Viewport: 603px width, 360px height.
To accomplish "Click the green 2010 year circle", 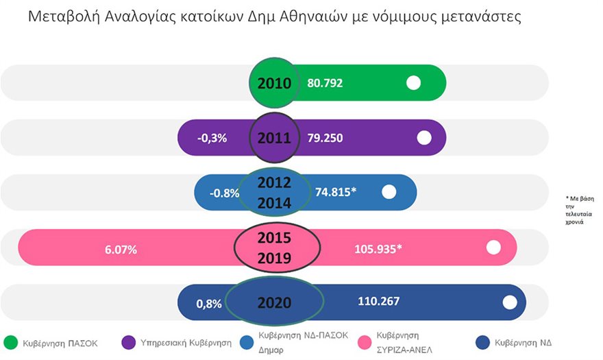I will [274, 83].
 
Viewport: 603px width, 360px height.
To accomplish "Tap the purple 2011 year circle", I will [274, 138].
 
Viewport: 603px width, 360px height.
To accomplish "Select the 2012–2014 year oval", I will [275, 193].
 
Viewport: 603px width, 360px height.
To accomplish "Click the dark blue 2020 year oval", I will [274, 302].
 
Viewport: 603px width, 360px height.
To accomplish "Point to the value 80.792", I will [325, 84].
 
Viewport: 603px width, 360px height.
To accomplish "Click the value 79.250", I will [325, 139].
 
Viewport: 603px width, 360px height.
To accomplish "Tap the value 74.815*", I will [335, 193].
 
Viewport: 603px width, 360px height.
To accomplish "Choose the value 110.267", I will [378, 301].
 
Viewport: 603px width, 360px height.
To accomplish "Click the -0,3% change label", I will [212, 139].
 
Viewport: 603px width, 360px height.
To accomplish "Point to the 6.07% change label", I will [121, 250].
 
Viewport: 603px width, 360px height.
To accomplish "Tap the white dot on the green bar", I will [413, 83].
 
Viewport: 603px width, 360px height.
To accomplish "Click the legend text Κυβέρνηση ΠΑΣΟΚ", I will [61, 342].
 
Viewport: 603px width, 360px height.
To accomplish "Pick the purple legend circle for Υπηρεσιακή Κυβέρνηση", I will [127, 341].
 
